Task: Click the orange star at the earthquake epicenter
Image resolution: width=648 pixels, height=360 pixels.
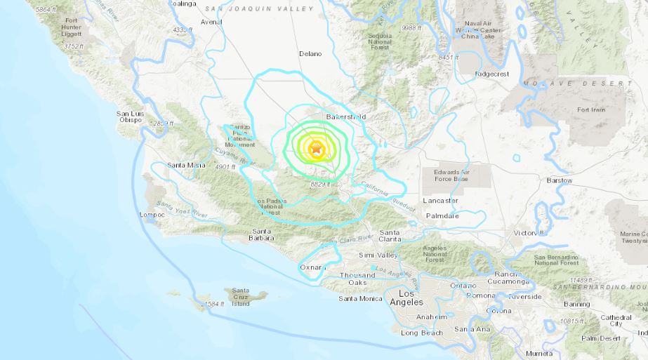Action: click(x=316, y=149)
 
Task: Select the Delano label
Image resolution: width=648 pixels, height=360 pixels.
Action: click(x=310, y=53)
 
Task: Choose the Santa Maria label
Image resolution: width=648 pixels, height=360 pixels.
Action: click(x=186, y=165)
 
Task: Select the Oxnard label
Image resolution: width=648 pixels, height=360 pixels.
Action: click(x=312, y=267)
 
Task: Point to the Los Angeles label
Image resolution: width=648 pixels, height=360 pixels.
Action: click(x=411, y=298)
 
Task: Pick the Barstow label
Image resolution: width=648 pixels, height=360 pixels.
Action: click(x=560, y=180)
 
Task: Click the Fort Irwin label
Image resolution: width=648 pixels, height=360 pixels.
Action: click(x=590, y=110)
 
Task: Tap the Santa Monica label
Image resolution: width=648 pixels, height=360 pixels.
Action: click(x=360, y=299)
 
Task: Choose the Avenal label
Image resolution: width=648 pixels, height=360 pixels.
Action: click(x=211, y=22)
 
